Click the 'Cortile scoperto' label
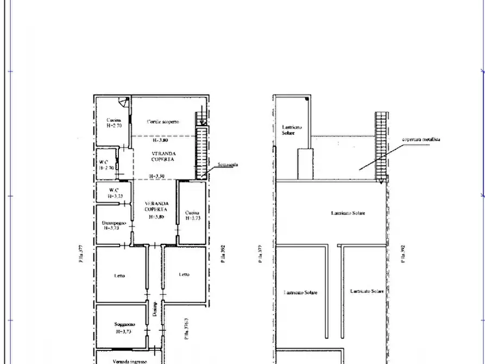(163, 122)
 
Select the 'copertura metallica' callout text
(421, 140)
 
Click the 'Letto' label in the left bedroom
(119, 275)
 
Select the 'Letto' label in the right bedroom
(184, 274)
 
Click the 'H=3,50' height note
(158, 176)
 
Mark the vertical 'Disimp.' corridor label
(155, 310)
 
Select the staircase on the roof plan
(381, 147)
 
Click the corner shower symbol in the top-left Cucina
(124, 102)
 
